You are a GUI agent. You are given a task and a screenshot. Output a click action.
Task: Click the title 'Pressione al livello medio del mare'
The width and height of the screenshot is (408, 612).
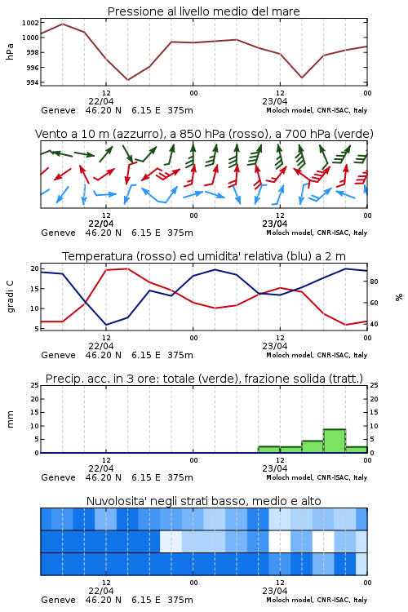pyautogui.click(x=203, y=11)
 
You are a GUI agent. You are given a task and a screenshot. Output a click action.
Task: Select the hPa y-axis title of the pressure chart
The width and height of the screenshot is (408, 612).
pyautogui.click(x=10, y=51)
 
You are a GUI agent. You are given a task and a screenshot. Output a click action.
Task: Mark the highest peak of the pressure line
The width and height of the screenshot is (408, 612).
pyautogui.click(x=63, y=24)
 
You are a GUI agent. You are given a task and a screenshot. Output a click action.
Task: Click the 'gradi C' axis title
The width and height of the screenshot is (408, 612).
pyautogui.click(x=10, y=296)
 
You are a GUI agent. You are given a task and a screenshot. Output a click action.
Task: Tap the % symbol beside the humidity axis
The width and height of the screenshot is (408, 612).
pyautogui.click(x=399, y=297)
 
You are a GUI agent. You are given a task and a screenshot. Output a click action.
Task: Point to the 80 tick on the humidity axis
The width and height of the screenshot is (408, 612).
pyautogui.click(x=374, y=282)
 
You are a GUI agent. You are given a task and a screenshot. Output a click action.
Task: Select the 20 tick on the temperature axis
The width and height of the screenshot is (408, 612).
pyautogui.click(x=35, y=268)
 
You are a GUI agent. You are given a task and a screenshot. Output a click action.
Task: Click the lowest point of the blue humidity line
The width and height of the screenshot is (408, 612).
pyautogui.click(x=106, y=325)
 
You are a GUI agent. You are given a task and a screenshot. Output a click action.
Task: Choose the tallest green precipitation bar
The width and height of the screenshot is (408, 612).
pyautogui.click(x=335, y=441)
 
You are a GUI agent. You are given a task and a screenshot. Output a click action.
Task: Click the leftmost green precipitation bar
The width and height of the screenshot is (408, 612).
pyautogui.click(x=269, y=450)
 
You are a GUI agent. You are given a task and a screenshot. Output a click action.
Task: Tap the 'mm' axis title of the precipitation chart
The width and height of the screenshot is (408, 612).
pyautogui.click(x=10, y=419)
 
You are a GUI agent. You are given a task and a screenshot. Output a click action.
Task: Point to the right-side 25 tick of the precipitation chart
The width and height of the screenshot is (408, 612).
pyautogui.click(x=374, y=385)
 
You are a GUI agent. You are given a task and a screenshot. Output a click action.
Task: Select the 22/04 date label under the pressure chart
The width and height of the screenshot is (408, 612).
pyautogui.click(x=100, y=101)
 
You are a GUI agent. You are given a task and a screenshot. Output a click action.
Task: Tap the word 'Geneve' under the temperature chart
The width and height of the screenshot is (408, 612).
pyautogui.click(x=58, y=355)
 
